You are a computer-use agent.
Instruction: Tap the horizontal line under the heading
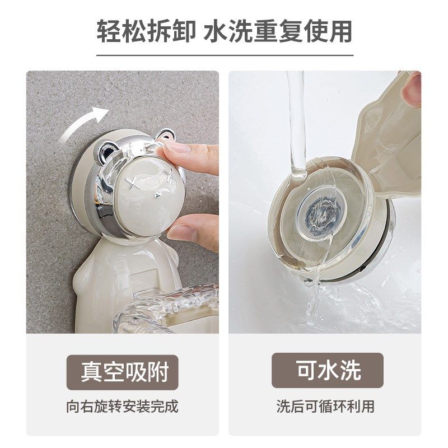(224, 55)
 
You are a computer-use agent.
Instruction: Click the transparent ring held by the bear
(168, 308)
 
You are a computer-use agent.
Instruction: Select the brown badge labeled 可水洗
(328, 372)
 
